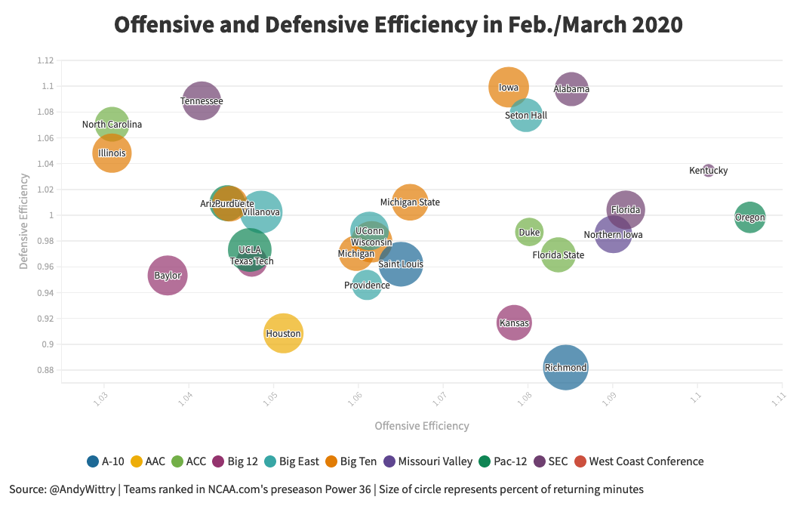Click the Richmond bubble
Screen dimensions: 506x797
pos(565,368)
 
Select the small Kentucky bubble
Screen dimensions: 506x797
pos(708,171)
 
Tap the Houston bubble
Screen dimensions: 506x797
pos(284,333)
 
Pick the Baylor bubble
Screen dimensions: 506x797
pos(168,276)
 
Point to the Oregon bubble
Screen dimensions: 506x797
pos(749,218)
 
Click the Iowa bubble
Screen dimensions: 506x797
pos(509,87)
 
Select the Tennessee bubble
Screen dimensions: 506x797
pos(202,100)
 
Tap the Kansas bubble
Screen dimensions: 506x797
pos(514,323)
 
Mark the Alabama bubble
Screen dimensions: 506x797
pos(571,89)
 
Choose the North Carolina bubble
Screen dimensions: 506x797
pos(112,125)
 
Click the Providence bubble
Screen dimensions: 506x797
pos(367,285)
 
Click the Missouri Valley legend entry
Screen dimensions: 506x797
pos(429,461)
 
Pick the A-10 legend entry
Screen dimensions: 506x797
pos(106,461)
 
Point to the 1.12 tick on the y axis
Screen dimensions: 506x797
pos(45,60)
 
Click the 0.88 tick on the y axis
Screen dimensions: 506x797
pos(45,370)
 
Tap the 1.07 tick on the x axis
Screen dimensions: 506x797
pos(440,396)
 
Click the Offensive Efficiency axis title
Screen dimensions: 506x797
pos(422,426)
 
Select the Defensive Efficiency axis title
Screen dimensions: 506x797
pos(24,221)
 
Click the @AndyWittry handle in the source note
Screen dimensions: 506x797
pos(84,489)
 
